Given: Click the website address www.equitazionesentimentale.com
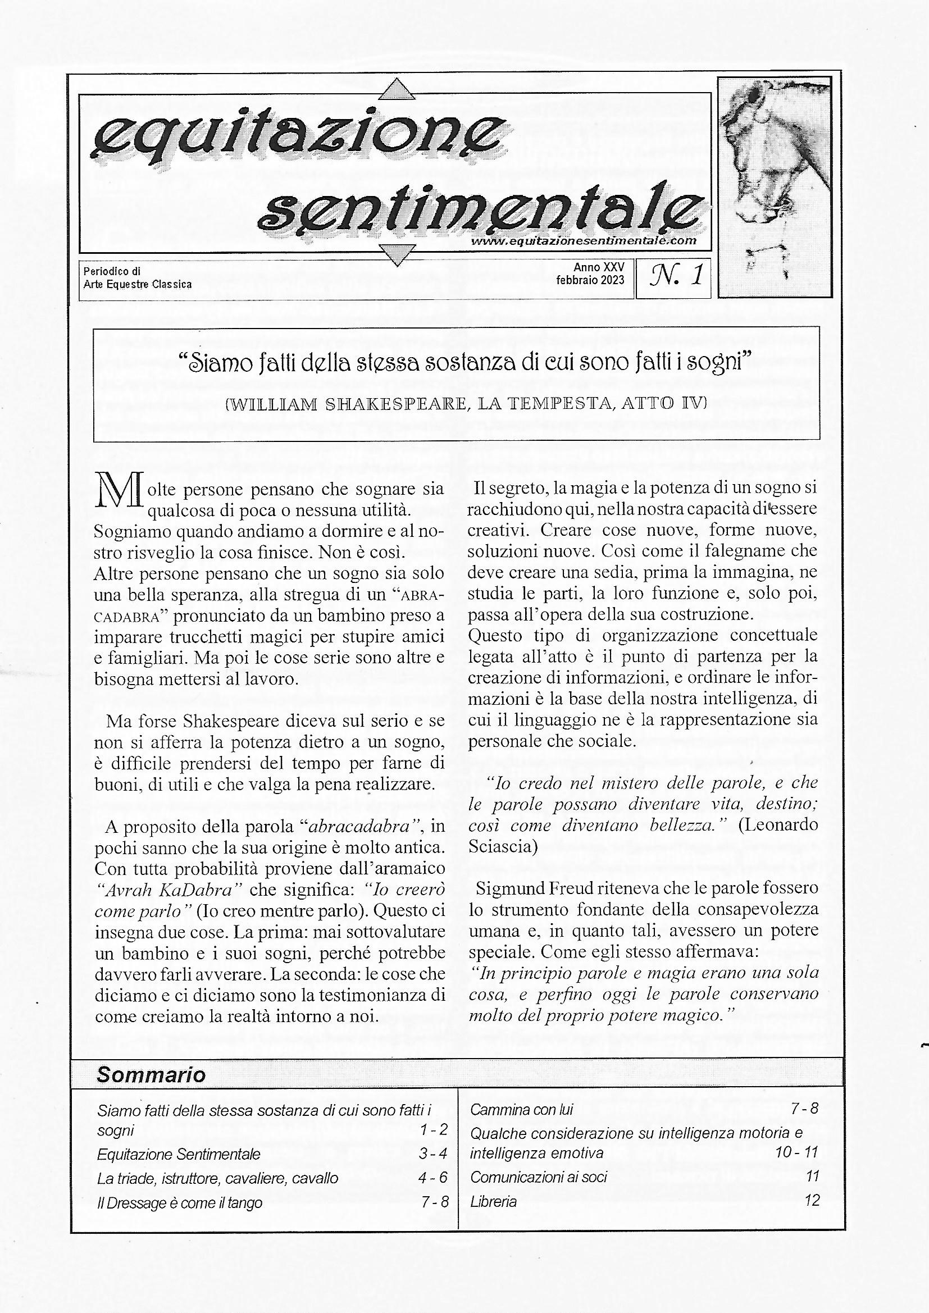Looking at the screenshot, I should tap(584, 241).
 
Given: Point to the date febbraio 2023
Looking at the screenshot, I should tap(590, 280).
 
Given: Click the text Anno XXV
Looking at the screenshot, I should tap(599, 267).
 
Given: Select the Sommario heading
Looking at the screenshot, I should tap(151, 1074).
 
